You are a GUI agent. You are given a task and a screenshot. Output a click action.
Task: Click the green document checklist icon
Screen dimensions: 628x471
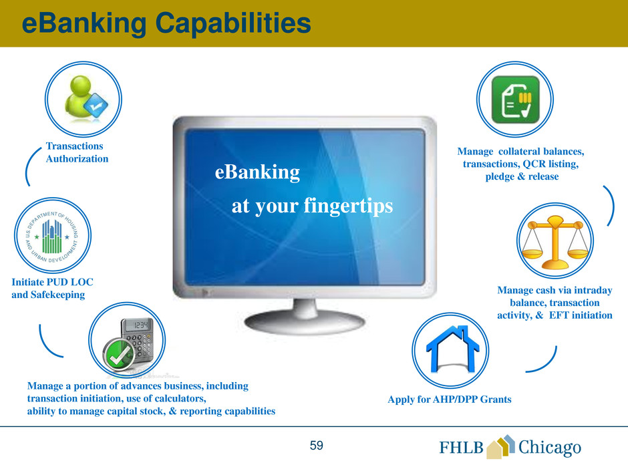[516, 100]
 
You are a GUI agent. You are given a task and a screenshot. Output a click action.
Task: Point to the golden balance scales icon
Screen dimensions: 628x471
[555, 243]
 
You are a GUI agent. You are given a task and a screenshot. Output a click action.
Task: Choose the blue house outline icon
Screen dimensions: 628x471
[452, 349]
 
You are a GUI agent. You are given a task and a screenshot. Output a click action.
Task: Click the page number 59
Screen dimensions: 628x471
[317, 446]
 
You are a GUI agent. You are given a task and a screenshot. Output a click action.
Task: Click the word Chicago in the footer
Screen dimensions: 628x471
[549, 448]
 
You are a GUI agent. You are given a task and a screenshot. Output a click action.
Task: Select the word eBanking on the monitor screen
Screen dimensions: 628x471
[257, 172]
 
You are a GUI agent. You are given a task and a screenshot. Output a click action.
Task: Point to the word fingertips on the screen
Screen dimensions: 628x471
[348, 206]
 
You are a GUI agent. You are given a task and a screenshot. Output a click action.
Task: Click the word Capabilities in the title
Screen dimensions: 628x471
[233, 23]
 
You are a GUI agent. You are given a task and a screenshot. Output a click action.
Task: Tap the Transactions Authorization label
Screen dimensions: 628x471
[77, 152]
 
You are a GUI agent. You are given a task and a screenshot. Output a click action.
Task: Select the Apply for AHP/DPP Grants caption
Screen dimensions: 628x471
[450, 400]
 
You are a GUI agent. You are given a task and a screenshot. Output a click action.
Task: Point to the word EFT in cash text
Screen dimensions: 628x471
[559, 315]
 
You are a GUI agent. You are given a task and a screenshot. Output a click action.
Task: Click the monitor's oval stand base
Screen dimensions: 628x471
[305, 321]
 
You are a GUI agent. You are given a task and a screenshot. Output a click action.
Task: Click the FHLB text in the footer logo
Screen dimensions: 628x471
[462, 448]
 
